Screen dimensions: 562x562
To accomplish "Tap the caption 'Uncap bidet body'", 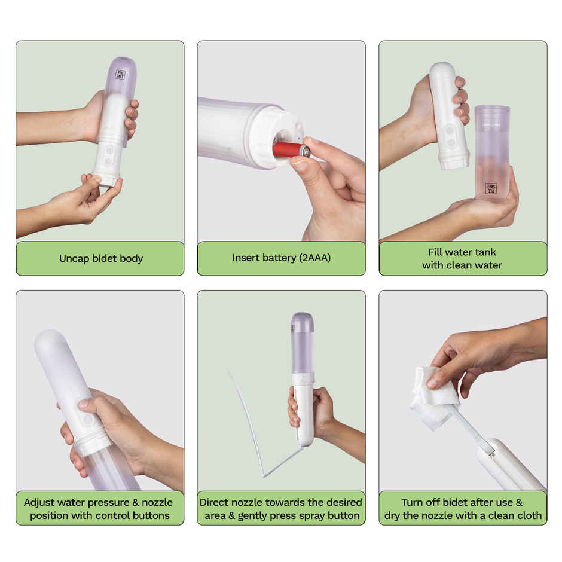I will (100, 259).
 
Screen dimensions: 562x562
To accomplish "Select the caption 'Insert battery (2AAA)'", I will (281, 259).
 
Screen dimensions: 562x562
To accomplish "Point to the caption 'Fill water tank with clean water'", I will (462, 259).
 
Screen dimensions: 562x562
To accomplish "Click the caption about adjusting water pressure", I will (99, 508).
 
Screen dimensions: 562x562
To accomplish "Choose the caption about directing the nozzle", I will (281, 508).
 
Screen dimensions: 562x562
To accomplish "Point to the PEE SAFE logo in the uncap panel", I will (120, 75).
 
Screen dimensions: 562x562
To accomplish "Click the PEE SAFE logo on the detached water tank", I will (491, 188).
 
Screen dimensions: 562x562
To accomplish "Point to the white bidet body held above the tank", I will (448, 114).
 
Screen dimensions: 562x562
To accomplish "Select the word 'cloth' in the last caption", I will (527, 515).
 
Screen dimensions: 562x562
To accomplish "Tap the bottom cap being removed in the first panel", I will (108, 178).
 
